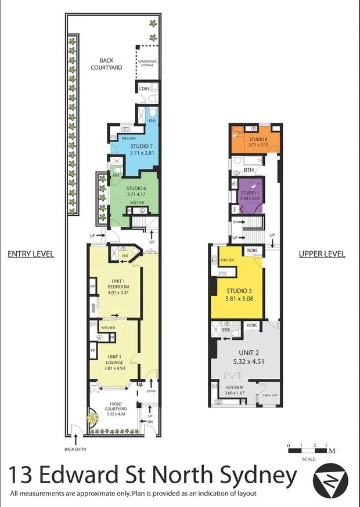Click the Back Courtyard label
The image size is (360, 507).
(110, 63)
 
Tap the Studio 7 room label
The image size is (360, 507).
(141, 149)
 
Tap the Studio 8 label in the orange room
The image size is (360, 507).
(258, 143)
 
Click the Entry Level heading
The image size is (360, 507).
(30, 253)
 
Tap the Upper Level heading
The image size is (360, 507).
(322, 253)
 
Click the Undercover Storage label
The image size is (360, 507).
(146, 63)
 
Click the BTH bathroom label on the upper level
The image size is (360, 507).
(249, 170)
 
